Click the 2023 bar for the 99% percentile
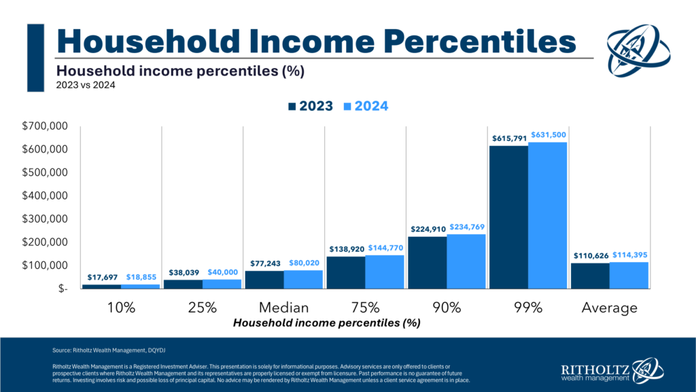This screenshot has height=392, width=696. pos(508,217)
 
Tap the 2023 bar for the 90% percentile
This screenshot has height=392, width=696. pos(427,262)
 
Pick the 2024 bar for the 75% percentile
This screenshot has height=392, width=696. pos(384,272)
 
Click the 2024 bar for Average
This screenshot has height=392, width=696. pos(629,275)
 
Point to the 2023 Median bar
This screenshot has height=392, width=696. pos(264,279)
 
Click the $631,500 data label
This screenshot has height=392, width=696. pos(547,135)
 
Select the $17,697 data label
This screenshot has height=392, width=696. pos(101,278)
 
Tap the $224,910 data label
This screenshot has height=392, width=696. pos(428,229)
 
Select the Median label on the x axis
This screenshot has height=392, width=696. pos(283,308)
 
